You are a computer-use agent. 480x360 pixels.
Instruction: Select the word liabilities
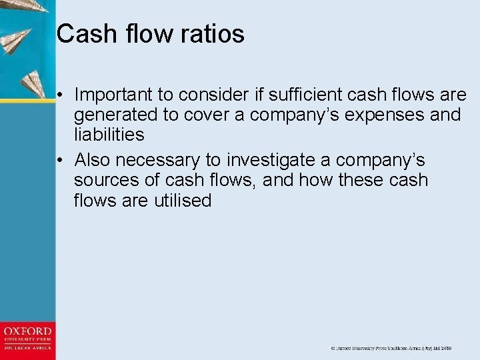click(x=109, y=135)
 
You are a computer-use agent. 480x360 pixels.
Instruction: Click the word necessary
click(x=169, y=161)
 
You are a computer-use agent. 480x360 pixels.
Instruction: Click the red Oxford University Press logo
click(x=27, y=339)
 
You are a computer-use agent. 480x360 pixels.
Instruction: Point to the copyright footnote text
click(x=391, y=348)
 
